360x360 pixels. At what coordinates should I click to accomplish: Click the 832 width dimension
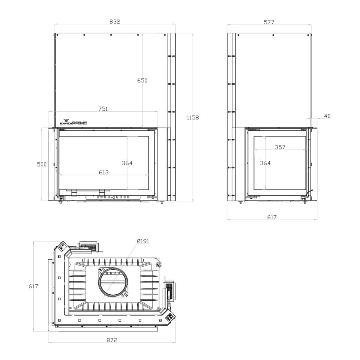pos(115,22)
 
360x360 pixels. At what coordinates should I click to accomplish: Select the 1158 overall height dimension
pos(193,117)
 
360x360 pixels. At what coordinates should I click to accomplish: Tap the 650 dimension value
pos(142,81)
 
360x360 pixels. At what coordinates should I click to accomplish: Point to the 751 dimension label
pos(103,109)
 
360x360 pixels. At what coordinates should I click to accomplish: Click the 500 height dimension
pos(42,164)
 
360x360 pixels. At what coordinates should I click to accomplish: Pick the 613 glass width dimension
pos(103,172)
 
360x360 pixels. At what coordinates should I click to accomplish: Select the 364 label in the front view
pos(127,163)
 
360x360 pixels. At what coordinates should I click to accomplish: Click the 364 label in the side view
pos(265,163)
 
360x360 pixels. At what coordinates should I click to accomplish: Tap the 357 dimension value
pos(280,147)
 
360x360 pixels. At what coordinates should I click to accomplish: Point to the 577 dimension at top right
pos(269,22)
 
